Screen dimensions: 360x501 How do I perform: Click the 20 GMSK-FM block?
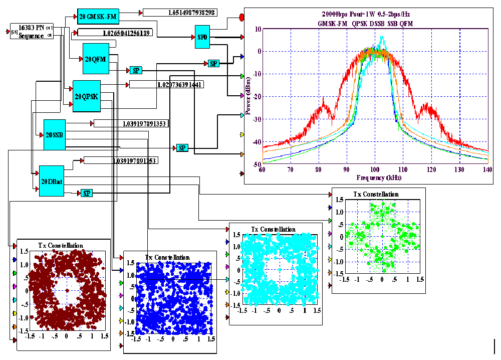98,17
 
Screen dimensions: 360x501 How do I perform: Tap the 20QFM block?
95,59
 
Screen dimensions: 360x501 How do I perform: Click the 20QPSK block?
87,96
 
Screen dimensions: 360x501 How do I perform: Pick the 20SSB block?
55,134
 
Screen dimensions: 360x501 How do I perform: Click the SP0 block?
202,38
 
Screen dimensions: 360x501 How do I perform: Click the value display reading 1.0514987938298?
179,13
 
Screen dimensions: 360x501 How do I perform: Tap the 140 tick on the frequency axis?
487,170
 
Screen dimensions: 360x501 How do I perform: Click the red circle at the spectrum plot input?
242,18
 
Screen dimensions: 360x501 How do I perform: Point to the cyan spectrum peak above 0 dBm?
382,38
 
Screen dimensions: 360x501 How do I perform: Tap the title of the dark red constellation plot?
61,245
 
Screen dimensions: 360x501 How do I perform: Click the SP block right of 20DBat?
87,193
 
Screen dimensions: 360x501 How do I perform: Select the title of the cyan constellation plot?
273,229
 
